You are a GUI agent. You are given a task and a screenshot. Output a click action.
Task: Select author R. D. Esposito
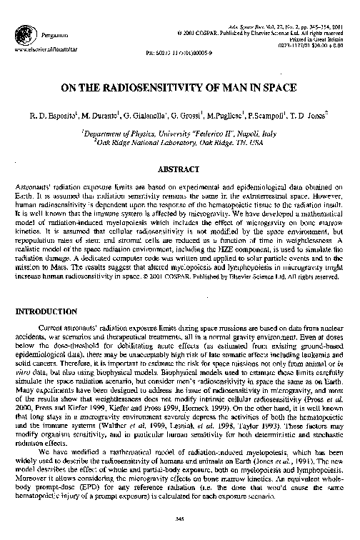click(x=54, y=115)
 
